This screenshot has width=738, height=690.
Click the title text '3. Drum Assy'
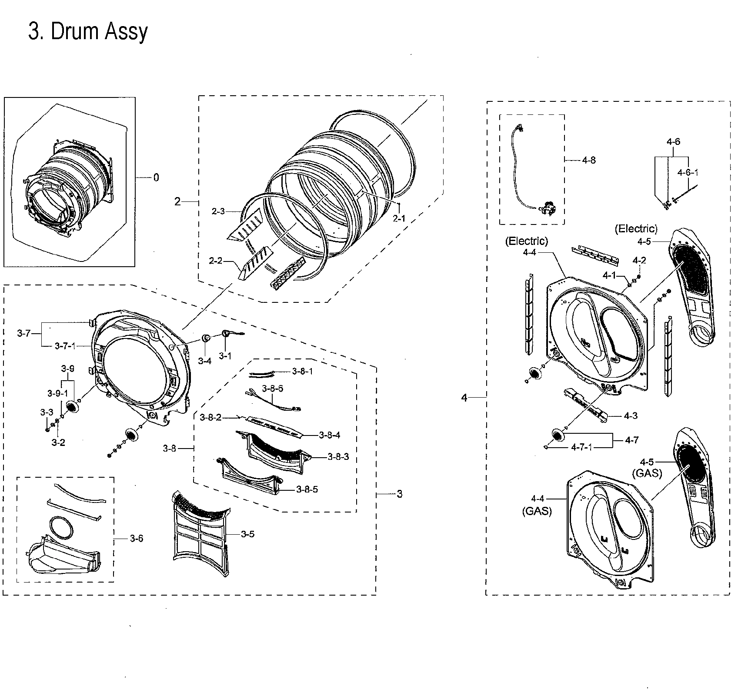coord(88,31)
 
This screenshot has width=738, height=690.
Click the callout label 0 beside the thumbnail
coord(156,178)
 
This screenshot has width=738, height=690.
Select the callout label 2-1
coord(398,218)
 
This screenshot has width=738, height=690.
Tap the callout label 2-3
coord(218,211)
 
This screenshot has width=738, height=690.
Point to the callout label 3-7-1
coord(65,346)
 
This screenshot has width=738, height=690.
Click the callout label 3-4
coord(204,361)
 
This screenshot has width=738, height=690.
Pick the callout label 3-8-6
coord(272,389)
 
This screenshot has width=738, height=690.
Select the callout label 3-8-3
coord(338,457)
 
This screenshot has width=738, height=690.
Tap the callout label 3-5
coord(247,534)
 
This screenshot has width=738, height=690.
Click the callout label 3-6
coord(136,539)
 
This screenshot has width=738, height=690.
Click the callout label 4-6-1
coord(688,172)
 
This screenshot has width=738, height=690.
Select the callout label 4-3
coord(630,416)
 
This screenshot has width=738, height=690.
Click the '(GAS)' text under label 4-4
coord(537,511)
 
